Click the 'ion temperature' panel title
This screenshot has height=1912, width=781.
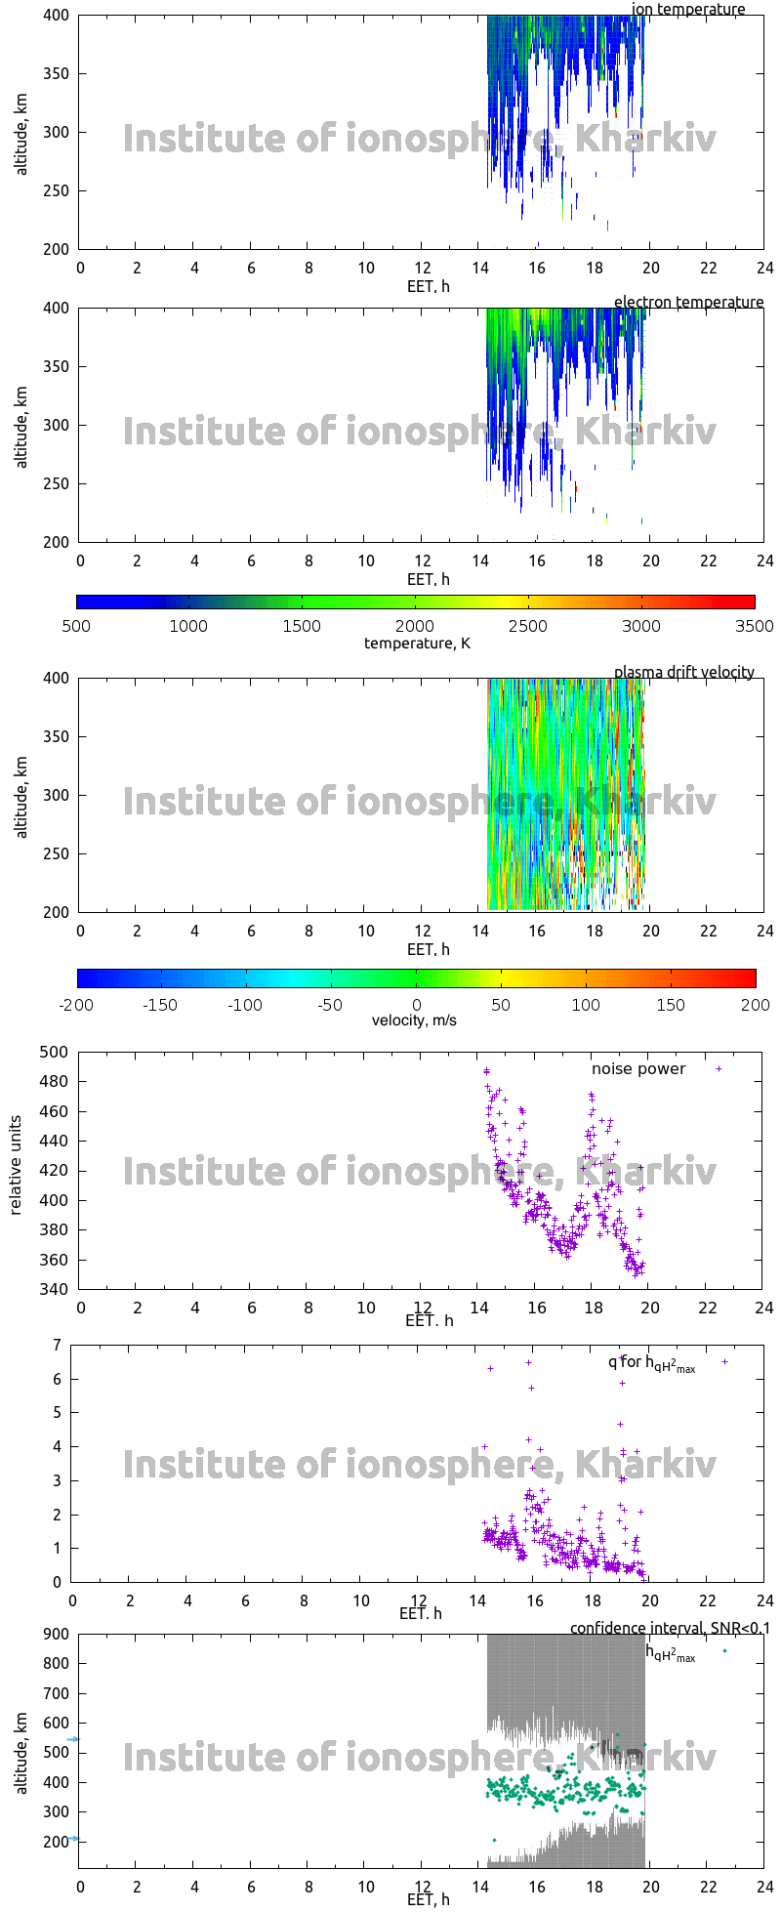click(x=688, y=10)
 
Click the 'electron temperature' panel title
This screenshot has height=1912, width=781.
click(x=688, y=303)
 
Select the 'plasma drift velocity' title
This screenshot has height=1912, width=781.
click(x=683, y=672)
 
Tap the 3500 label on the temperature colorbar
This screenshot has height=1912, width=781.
click(x=755, y=626)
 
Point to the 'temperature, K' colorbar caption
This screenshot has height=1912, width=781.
click(x=417, y=643)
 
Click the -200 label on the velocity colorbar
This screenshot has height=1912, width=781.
click(x=77, y=1005)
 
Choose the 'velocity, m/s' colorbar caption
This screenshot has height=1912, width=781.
click(x=414, y=1020)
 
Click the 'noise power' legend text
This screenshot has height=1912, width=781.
click(x=638, y=1068)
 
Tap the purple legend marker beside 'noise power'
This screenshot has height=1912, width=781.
click(x=719, y=1068)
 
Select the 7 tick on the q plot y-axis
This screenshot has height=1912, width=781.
click(x=58, y=1345)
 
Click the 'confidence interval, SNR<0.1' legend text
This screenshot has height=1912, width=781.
click(x=670, y=1628)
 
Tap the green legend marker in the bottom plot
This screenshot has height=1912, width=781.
click(x=724, y=1650)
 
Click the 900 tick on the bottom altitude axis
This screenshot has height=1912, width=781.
click(x=57, y=1635)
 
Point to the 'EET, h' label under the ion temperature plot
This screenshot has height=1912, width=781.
click(x=428, y=286)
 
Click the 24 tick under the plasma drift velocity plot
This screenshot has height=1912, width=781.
click(x=764, y=931)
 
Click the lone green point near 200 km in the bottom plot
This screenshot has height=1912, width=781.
click(x=495, y=1840)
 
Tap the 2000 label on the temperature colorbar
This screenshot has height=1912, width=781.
click(x=415, y=626)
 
